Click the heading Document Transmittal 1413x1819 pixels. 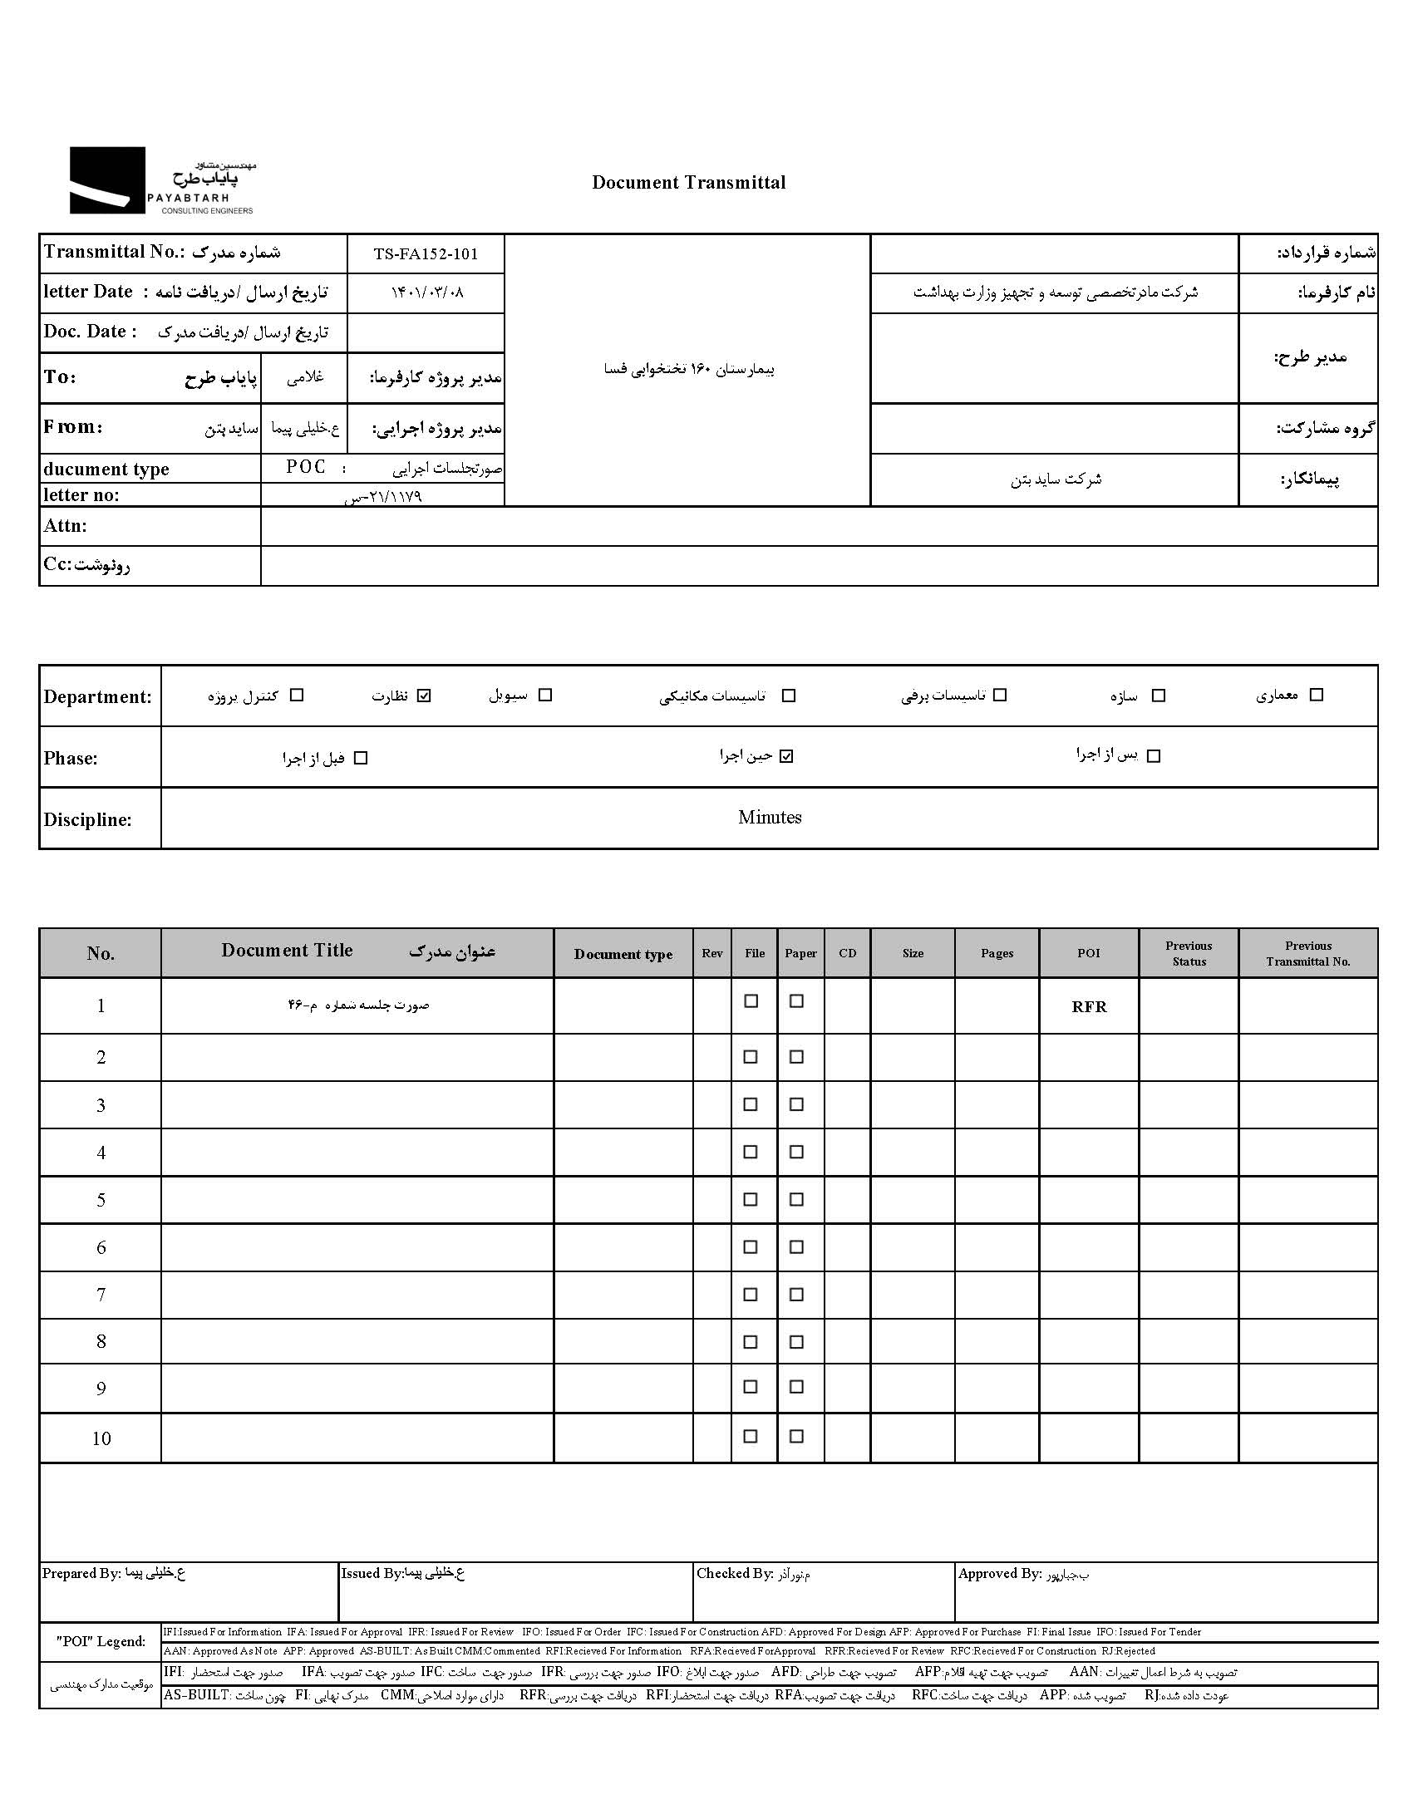pyautogui.click(x=688, y=184)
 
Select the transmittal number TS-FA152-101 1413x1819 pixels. pyautogui.click(x=426, y=254)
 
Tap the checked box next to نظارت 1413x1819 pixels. pyautogui.click(x=424, y=696)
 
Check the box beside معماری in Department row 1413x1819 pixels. pyautogui.click(x=1317, y=695)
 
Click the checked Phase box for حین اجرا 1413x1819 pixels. pyautogui.click(x=786, y=756)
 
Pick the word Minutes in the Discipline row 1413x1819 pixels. pyautogui.click(x=769, y=817)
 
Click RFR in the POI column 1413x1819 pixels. pyautogui.click(x=1088, y=1006)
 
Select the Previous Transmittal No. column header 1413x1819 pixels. pyautogui.click(x=1307, y=953)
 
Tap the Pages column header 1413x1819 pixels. pyautogui.click(x=997, y=953)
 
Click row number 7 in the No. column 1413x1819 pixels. pyautogui.click(x=101, y=1295)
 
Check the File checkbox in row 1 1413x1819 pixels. pyautogui.click(x=751, y=1001)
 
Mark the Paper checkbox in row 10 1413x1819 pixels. pyautogui.click(x=796, y=1436)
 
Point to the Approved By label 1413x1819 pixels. pyautogui.click(x=999, y=1573)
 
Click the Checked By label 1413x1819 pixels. pyautogui.click(x=735, y=1573)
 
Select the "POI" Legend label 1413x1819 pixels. pyautogui.click(x=101, y=1641)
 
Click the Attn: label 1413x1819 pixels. pyautogui.click(x=65, y=525)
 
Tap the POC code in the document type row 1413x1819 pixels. pyautogui.click(x=306, y=467)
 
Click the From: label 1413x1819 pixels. pyautogui.click(x=72, y=427)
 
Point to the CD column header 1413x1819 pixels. pyautogui.click(x=847, y=953)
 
